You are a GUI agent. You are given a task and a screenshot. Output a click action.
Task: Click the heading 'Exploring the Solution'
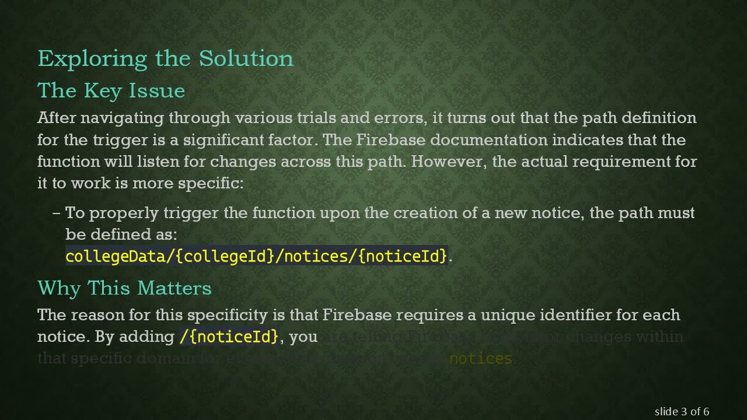(x=165, y=59)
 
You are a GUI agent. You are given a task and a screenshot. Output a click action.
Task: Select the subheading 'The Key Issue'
(x=111, y=91)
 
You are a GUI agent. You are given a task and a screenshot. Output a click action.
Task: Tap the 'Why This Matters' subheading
(x=124, y=288)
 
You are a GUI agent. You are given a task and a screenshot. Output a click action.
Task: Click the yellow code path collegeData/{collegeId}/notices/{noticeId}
(x=256, y=256)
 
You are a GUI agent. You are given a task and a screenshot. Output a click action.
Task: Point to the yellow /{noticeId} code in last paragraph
(x=229, y=337)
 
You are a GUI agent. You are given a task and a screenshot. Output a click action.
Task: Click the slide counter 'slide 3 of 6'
(x=682, y=412)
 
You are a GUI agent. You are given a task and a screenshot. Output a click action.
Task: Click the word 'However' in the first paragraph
(x=449, y=162)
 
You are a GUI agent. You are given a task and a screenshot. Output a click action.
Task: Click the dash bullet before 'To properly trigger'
(x=57, y=213)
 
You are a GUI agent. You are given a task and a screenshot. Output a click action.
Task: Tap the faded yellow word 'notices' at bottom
(x=480, y=359)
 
